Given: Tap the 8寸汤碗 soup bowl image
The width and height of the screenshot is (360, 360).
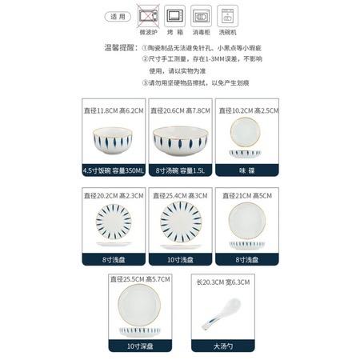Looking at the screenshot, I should point(179,142).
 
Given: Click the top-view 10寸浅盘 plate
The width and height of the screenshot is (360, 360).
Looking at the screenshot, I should point(179,218).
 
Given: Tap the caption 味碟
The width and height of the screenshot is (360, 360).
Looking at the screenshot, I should point(246,170).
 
